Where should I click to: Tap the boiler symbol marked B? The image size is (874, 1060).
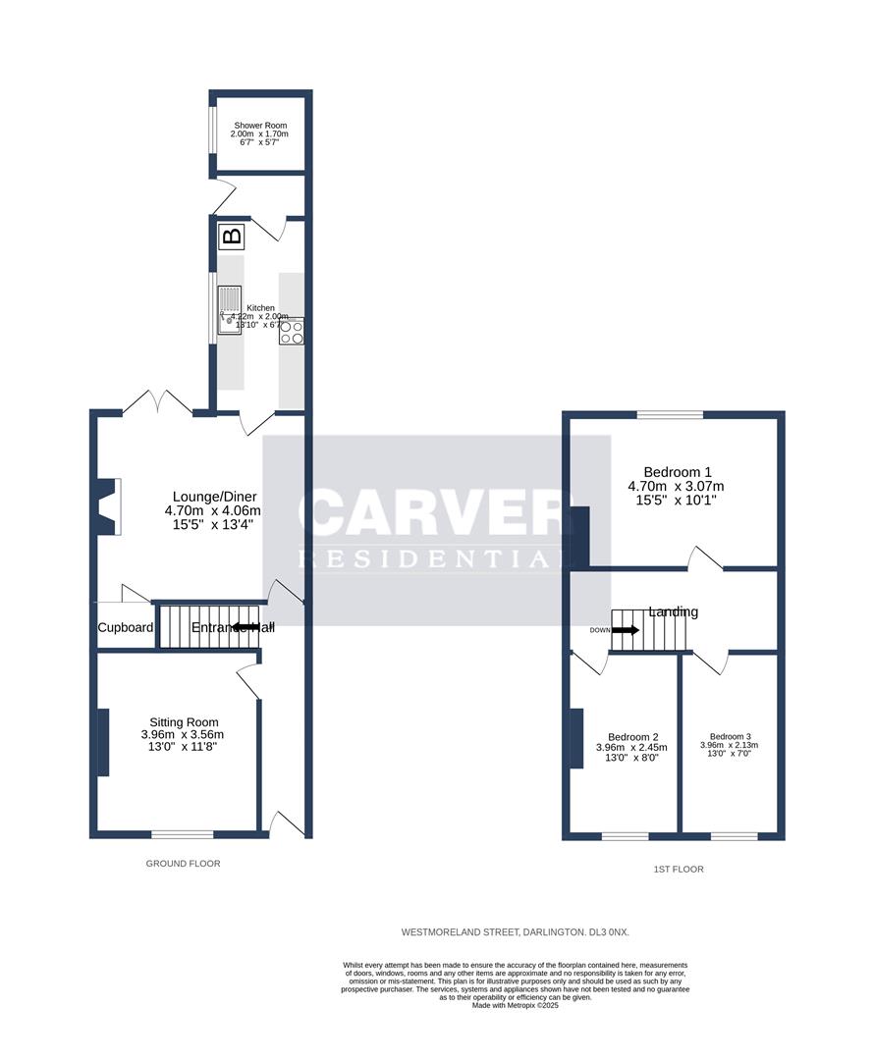coord(232,236)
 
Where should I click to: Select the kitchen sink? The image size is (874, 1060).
coord(229,309)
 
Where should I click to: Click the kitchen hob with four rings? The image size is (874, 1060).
coord(292,332)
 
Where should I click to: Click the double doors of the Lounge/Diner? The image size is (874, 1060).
coord(156,402)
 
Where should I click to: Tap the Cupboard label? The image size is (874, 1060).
coord(125,627)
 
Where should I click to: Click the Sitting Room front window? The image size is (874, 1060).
coord(182,834)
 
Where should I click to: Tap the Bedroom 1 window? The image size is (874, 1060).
coord(670,415)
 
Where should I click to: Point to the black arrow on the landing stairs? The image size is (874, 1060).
coord(625,630)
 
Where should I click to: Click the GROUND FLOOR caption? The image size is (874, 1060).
coord(183,864)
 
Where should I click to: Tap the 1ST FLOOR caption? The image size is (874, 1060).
coord(679,869)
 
